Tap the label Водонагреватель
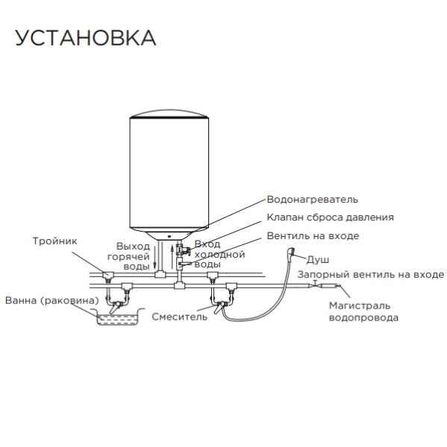tap(312, 200)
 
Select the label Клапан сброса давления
tap(330, 218)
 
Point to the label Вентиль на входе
tap(313, 235)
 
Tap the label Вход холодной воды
tap(218, 254)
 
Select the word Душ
tap(318, 259)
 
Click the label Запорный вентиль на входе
tap(371, 274)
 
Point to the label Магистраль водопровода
tap(364, 311)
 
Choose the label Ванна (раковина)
tap(51, 301)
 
